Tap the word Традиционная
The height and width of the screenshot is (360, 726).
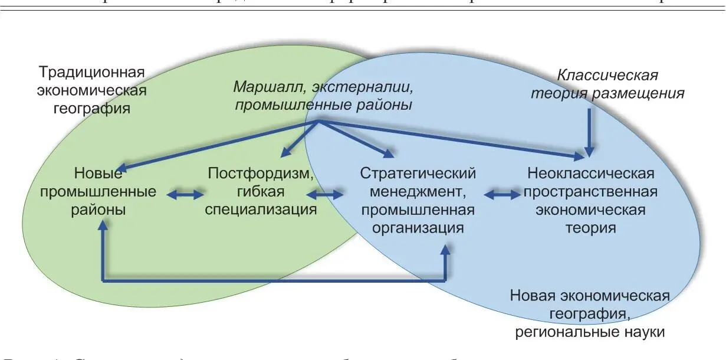91,73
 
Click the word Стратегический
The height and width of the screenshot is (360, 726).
418,174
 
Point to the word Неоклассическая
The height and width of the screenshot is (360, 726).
590,174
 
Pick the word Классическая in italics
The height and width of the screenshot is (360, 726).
607,76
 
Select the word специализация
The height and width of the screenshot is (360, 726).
261,210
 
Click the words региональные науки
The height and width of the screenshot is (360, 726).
590,332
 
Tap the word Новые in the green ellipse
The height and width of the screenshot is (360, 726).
98,174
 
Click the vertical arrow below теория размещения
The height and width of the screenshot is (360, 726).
588,130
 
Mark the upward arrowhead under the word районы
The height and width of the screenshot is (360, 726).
103,226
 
